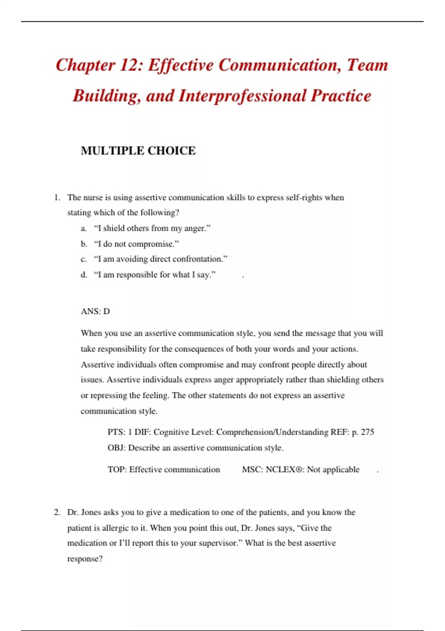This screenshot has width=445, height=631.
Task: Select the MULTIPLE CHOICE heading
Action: [x=138, y=151]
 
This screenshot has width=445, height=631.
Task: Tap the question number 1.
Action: [x=57, y=197]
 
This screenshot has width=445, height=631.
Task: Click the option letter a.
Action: [x=83, y=228]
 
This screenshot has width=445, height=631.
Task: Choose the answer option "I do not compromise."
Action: [x=136, y=244]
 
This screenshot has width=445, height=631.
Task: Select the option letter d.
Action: [x=84, y=275]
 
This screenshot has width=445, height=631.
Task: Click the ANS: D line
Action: [x=95, y=311]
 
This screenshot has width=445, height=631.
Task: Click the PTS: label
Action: [x=116, y=432]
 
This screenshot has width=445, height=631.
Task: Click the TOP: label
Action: [x=117, y=470]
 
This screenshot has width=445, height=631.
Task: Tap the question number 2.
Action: [x=57, y=513]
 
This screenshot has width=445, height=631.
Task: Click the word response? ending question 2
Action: [x=85, y=559]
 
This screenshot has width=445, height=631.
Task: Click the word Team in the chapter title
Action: [x=367, y=66]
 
